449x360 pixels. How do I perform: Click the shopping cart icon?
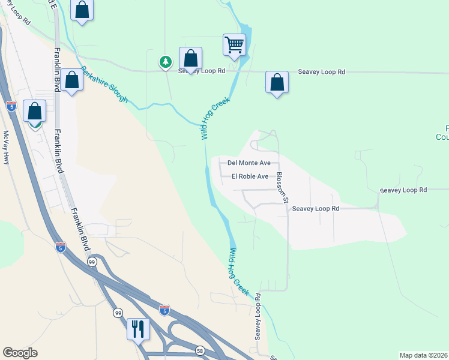tap(234, 44)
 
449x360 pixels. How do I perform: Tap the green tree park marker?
tap(165, 61)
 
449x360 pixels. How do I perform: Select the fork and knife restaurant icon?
tap(138, 328)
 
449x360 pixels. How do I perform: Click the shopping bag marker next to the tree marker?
tap(190, 59)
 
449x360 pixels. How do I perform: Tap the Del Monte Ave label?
tap(249, 163)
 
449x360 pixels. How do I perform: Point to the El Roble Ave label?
tap(250, 176)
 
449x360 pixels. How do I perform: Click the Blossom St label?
tap(282, 187)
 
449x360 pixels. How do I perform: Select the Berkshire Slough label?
tap(105, 83)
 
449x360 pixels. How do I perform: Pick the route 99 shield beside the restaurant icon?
tap(118, 313)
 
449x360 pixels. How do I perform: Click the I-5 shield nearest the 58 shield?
tap(164, 310)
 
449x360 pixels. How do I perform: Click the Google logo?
tap(20, 353)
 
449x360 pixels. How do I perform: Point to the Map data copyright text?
tap(424, 355)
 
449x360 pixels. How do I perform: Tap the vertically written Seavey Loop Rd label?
tap(258, 317)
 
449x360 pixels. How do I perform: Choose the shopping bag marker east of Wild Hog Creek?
tap(277, 82)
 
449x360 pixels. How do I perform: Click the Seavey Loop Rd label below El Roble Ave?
tap(316, 208)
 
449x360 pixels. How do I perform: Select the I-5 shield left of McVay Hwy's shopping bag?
tap(11, 106)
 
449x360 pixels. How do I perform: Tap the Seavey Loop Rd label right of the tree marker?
tap(201, 71)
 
